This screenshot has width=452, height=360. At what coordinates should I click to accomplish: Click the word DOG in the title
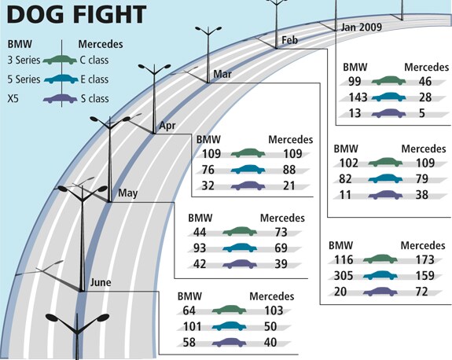point(35,14)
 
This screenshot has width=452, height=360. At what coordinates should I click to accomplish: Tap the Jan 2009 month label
point(361,27)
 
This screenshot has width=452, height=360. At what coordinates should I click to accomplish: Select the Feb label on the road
point(289,40)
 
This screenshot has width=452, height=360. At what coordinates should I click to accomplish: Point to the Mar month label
point(222,74)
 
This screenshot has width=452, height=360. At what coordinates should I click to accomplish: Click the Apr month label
point(167,126)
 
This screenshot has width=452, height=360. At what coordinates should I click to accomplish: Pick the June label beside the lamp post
point(101,282)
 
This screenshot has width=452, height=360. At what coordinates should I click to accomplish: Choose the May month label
point(127,193)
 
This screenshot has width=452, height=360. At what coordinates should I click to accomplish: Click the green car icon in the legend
point(60,60)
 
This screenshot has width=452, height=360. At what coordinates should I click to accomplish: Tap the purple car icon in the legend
point(60,98)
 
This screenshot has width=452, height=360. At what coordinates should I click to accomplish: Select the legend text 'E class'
point(94,79)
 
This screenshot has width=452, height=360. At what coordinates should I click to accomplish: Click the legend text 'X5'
point(13,98)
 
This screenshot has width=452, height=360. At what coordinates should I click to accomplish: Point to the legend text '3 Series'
point(24,60)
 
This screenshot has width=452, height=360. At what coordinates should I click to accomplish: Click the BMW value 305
point(344,276)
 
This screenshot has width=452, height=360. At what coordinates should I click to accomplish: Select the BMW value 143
point(358,97)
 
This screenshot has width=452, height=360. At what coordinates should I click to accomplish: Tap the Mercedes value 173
point(424,259)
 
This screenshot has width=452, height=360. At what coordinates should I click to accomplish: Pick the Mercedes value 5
point(422,113)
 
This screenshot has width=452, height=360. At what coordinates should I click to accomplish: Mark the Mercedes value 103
point(274,310)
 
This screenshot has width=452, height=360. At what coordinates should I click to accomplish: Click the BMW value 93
point(200,248)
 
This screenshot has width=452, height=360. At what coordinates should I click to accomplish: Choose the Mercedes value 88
point(289,170)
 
